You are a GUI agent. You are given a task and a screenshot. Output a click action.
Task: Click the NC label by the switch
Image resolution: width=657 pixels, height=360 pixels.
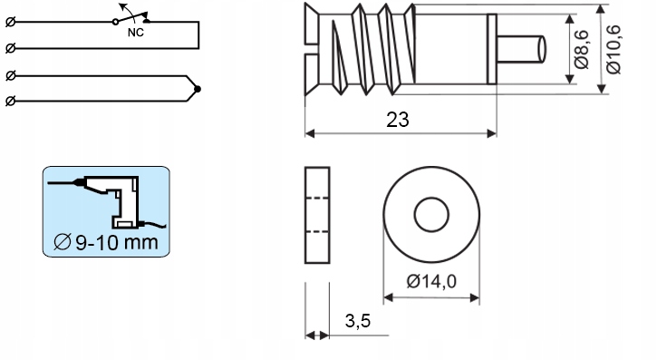(x=134, y=33)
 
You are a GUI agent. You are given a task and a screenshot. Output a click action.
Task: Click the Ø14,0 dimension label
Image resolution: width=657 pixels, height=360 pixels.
(x=431, y=281)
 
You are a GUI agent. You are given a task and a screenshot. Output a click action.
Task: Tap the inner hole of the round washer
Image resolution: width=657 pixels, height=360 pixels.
(x=431, y=216)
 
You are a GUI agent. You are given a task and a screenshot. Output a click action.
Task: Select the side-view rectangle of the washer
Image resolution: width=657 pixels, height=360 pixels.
(x=316, y=216)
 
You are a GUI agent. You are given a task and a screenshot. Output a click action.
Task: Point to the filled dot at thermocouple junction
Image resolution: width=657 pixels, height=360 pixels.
(x=198, y=89)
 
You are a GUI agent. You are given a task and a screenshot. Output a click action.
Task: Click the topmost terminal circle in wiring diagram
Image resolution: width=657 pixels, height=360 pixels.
(x=10, y=23)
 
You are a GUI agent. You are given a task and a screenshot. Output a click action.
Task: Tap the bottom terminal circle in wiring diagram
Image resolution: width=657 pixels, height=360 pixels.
(x=10, y=102)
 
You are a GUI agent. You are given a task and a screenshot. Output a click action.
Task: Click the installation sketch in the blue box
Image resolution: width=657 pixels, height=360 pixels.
(x=107, y=201)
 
